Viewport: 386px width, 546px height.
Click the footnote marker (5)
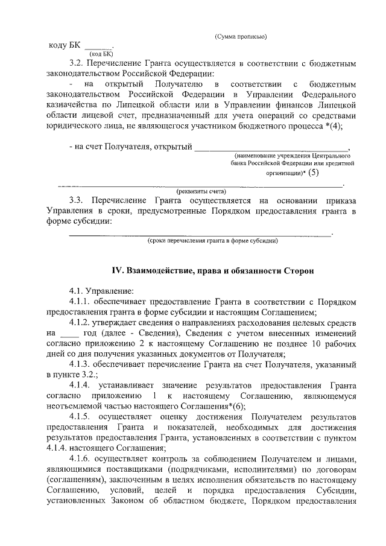pyautogui.click(x=312, y=172)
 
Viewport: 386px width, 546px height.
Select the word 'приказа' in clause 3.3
pyautogui.click(x=339, y=200)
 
